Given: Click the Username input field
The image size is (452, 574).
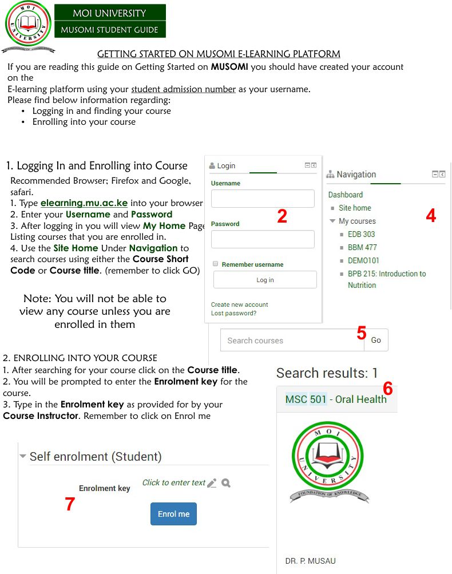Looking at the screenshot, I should [263, 199].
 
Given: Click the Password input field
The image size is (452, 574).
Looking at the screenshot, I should [263, 239].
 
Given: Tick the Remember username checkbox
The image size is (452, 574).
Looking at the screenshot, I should [216, 264].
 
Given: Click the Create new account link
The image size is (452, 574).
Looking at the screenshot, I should [239, 304].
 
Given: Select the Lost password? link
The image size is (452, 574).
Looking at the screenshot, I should [233, 313].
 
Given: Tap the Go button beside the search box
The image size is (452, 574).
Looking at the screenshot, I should [376, 340].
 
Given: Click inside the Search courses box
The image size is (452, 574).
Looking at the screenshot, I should [289, 340].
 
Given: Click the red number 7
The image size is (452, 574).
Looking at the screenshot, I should [70, 504].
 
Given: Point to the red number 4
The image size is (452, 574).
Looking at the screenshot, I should [431, 216].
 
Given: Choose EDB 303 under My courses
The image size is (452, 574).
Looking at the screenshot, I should [361, 234].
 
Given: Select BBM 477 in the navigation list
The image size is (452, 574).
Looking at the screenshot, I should [362, 247].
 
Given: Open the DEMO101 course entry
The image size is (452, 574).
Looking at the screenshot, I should [363, 260].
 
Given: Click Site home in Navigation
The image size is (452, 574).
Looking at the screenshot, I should [355, 208].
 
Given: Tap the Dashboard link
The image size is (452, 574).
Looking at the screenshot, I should [346, 195].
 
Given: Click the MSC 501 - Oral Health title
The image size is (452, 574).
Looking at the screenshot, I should [336, 399].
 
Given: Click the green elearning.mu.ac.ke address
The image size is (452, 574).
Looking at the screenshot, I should [84, 203].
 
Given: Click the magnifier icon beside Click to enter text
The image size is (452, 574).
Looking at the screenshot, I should [226, 483].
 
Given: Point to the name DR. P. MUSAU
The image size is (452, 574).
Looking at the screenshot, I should [310, 561].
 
